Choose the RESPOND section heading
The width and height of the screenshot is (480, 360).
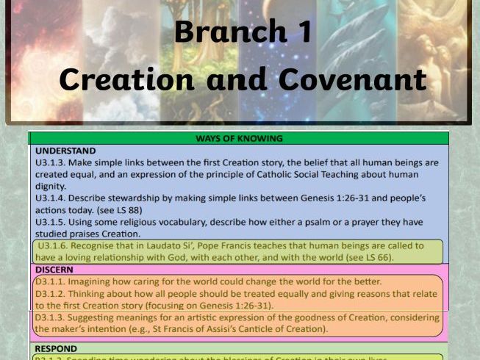coord(57,348)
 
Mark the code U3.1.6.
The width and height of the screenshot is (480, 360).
coord(56,245)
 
